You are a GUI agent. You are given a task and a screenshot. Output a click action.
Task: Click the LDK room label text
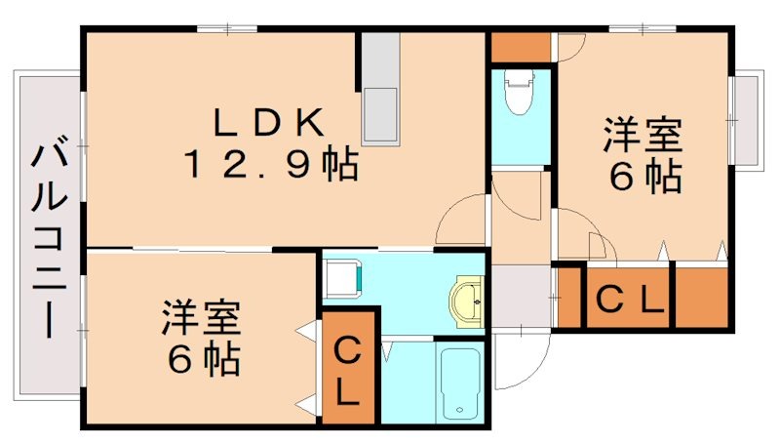269,123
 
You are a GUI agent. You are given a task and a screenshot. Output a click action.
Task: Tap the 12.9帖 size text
270,165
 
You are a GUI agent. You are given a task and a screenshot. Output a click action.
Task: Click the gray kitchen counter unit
379,88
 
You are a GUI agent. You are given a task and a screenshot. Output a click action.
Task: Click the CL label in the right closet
629,298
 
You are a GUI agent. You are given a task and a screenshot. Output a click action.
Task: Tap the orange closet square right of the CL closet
701,297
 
